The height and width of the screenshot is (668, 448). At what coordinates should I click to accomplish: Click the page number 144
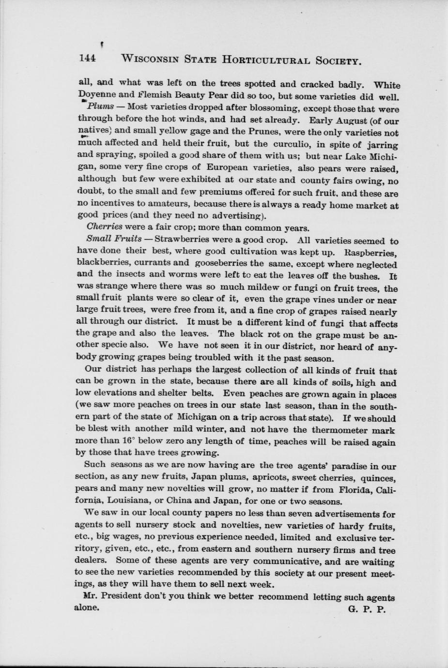tap(88, 59)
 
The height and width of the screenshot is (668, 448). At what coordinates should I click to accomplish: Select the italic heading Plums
tap(101, 106)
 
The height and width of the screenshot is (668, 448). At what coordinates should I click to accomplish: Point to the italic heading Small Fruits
tap(114, 239)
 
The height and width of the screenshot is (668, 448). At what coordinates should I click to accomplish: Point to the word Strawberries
tap(182, 239)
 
